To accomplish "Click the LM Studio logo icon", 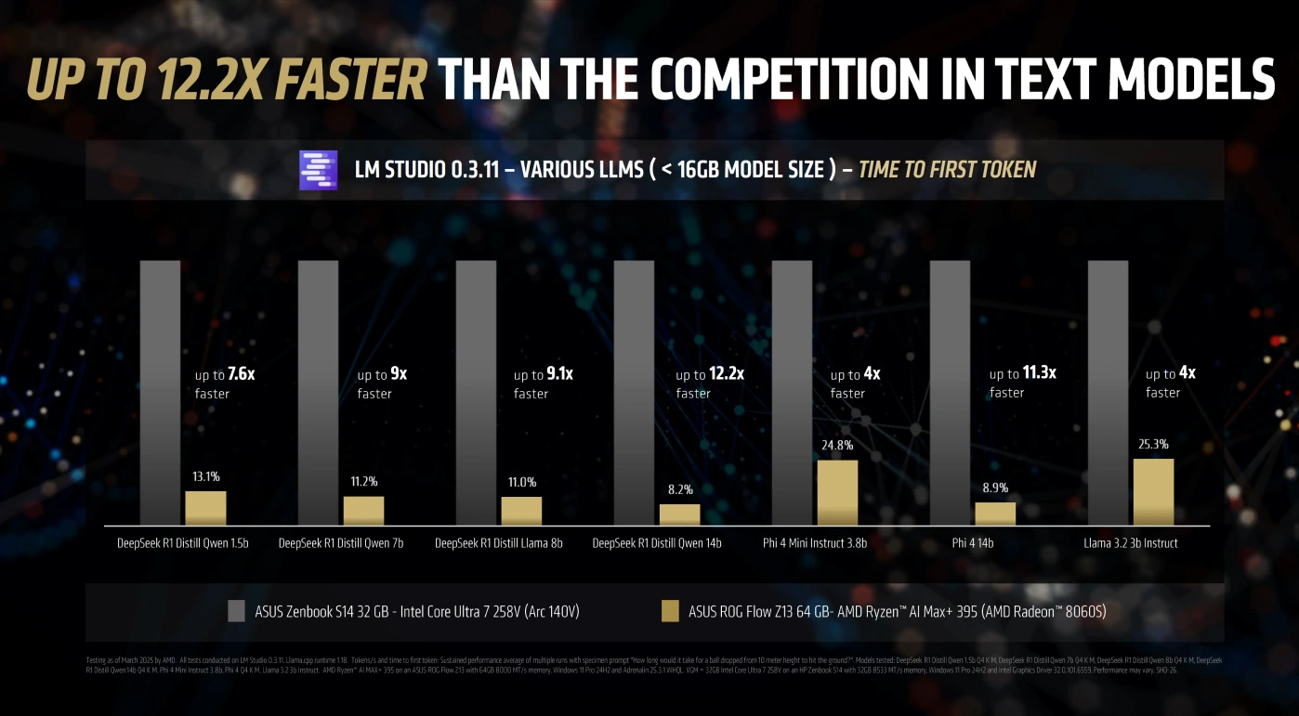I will (x=318, y=170).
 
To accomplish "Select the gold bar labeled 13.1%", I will (x=205, y=508).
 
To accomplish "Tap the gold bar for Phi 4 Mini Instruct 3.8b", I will (x=837, y=492).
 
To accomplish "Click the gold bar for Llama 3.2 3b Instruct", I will (x=1153, y=491).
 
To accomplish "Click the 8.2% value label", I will (x=679, y=489).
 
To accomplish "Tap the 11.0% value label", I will (x=521, y=482).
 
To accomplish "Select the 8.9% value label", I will (x=994, y=488).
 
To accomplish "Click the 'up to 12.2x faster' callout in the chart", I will (x=709, y=383).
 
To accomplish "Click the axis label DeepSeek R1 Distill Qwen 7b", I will (x=341, y=543).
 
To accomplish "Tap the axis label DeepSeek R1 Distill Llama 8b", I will (x=499, y=543).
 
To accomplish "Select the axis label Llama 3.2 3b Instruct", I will (x=1131, y=543).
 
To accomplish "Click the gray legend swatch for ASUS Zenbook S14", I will (x=235, y=611).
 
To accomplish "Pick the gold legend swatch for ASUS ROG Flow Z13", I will (x=669, y=611).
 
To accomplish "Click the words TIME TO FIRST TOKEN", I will (x=947, y=170).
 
